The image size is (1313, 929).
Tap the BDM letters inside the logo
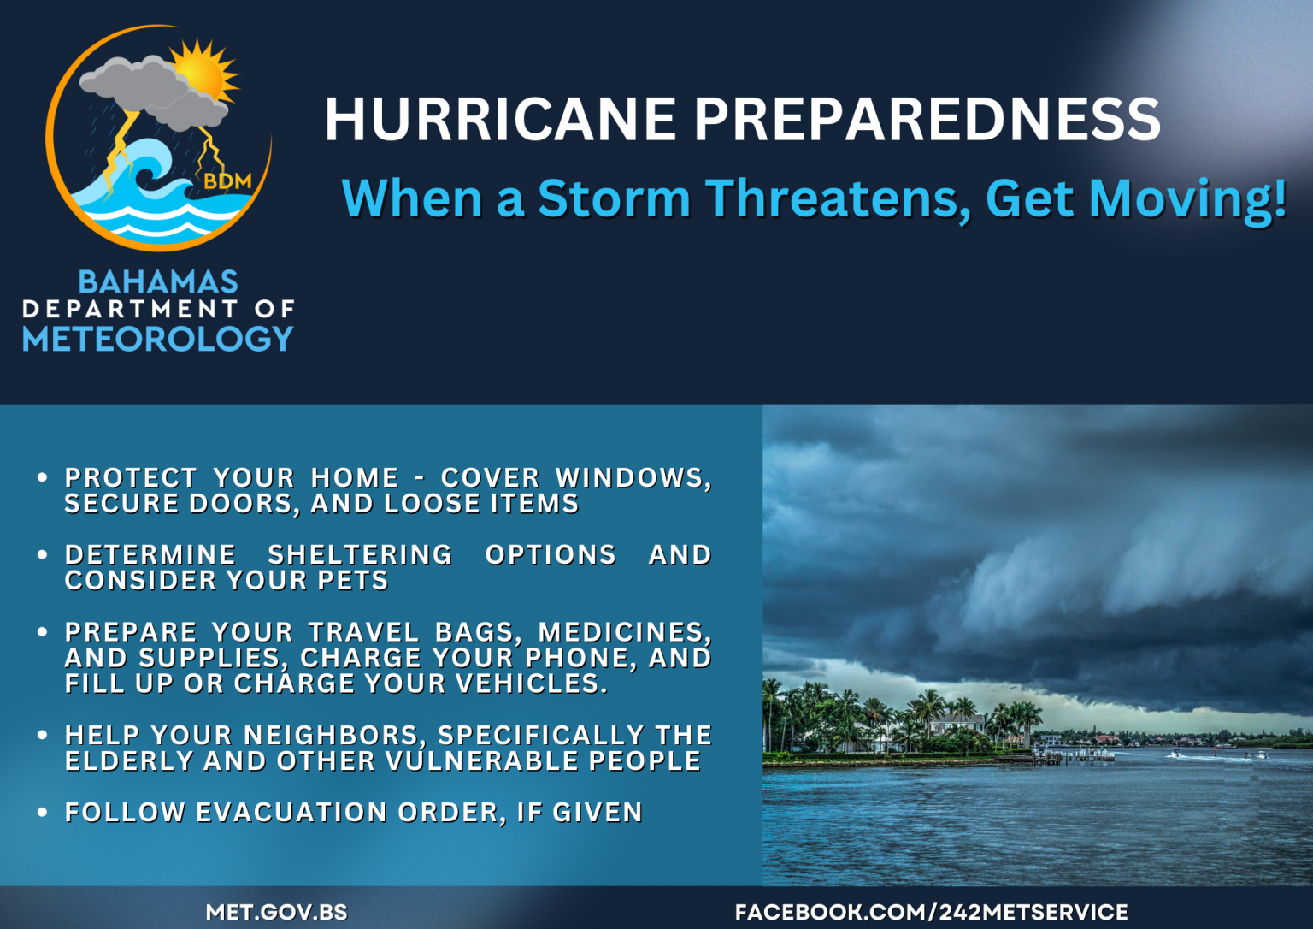[x=227, y=181]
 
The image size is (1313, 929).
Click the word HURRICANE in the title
[x=500, y=119]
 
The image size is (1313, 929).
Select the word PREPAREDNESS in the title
[x=927, y=119]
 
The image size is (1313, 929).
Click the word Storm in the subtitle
[x=614, y=198]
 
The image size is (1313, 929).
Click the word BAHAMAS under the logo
[x=158, y=281]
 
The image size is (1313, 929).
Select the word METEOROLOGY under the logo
[x=158, y=339]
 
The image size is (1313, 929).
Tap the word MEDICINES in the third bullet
[x=624, y=632]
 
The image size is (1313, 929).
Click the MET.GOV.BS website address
[x=276, y=912]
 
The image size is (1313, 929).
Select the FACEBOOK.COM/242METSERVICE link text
[x=931, y=912]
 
